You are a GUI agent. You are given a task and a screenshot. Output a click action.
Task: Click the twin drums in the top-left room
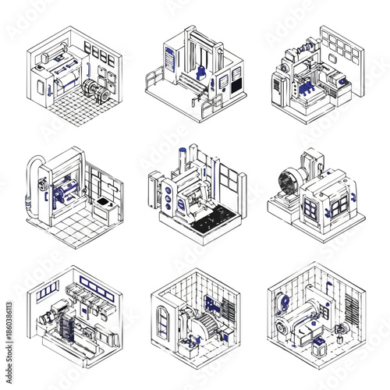(96, 88)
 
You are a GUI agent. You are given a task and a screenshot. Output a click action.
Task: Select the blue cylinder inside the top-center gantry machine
(203, 73)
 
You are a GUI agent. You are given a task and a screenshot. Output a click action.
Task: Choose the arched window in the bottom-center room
(163, 321)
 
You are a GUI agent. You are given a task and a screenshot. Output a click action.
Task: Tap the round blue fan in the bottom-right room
(286, 305)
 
